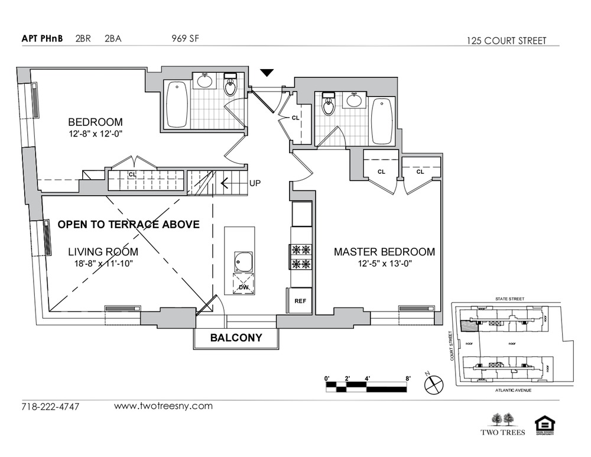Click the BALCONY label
tap(236, 338)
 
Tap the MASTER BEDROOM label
tap(384, 252)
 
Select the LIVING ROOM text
tap(103, 251)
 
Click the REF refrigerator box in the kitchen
tap(300, 301)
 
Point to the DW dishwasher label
tap(243, 288)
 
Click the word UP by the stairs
tap(255, 183)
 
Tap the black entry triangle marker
tap(268, 73)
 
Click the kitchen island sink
tap(243, 261)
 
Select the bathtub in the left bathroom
tap(177, 104)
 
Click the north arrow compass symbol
tap(433, 383)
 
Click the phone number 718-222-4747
tap(50, 407)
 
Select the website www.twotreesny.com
tap(163, 406)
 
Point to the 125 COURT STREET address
tap(506, 41)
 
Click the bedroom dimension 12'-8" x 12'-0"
tap(95, 134)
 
